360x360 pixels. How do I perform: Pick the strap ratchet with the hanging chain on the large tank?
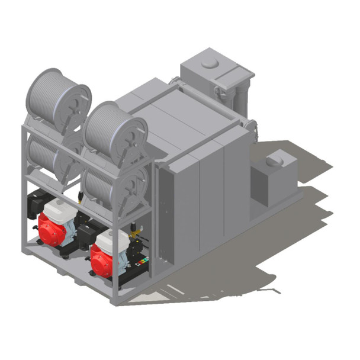pos(252,127)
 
